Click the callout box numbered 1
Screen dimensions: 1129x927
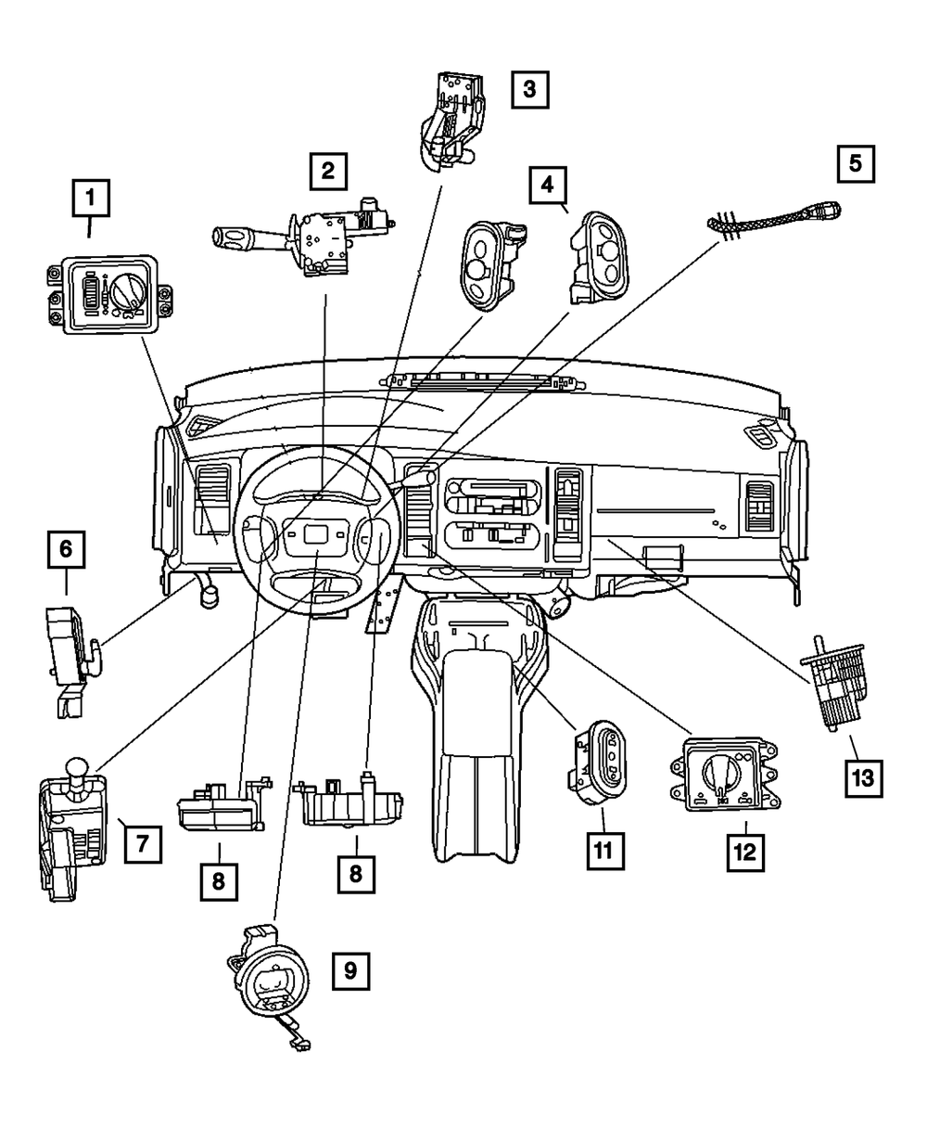[x=91, y=198]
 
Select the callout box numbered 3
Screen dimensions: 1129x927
[x=528, y=90]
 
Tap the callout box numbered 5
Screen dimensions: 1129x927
[x=855, y=163]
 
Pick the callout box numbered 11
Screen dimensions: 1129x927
[x=604, y=849]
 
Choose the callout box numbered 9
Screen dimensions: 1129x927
[x=350, y=971]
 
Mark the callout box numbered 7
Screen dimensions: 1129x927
[x=143, y=843]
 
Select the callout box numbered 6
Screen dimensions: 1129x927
[x=66, y=549]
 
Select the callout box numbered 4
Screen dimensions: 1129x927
[x=548, y=185]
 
